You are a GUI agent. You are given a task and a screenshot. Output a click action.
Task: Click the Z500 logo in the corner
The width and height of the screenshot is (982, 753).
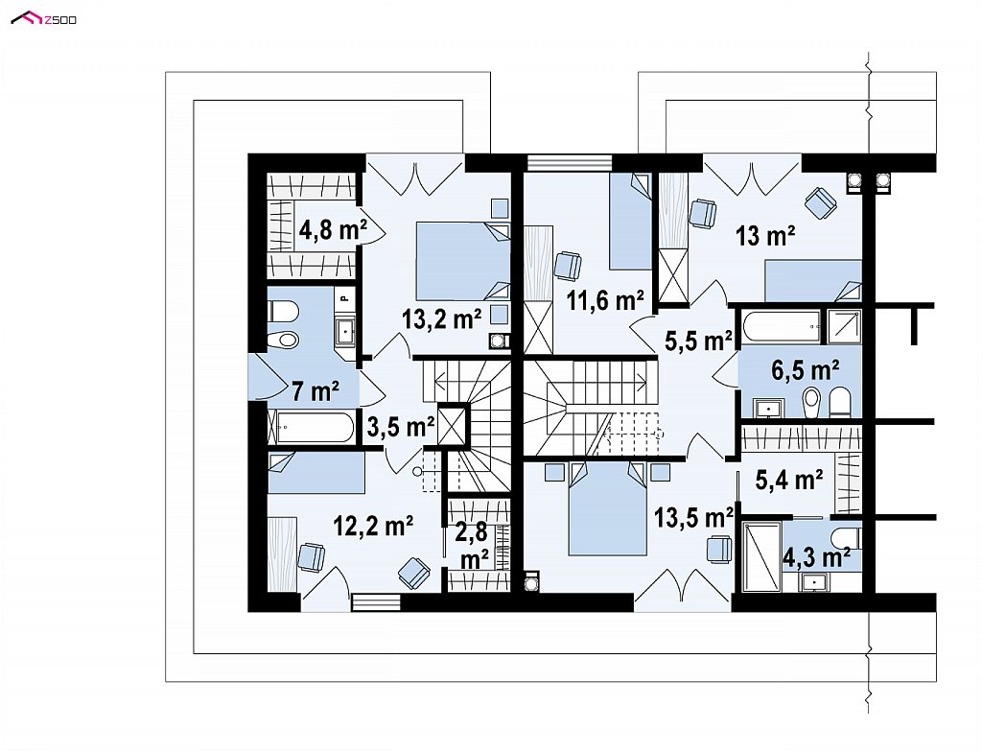(x=44, y=19)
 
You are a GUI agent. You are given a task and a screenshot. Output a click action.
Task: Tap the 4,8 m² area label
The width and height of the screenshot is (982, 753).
(x=333, y=230)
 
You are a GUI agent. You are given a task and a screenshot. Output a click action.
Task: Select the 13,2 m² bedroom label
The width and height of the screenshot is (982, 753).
(x=441, y=318)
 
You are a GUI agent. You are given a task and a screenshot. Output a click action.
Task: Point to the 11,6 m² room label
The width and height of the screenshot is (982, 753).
(x=605, y=300)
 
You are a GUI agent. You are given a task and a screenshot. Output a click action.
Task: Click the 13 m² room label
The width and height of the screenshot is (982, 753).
(x=765, y=236)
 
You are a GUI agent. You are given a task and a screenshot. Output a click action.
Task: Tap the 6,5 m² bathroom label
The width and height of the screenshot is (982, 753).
(x=805, y=370)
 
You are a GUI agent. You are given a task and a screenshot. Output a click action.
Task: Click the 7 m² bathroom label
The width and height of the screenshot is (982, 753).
(x=316, y=391)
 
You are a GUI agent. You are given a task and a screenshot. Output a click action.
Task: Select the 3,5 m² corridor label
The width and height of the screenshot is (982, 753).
(x=401, y=427)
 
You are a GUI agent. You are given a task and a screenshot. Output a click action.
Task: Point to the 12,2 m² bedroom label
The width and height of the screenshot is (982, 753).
(x=373, y=526)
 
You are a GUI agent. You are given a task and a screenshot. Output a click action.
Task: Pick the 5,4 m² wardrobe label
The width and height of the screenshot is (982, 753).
(x=789, y=480)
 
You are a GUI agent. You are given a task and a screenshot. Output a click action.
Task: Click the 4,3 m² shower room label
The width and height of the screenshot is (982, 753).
(x=816, y=557)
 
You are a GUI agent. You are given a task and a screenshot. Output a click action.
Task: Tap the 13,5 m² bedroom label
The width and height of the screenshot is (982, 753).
(x=694, y=518)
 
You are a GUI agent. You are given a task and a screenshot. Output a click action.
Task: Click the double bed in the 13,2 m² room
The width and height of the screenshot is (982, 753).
(x=463, y=261)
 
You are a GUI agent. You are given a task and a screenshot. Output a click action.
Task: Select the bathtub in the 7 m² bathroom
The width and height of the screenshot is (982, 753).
(x=311, y=427)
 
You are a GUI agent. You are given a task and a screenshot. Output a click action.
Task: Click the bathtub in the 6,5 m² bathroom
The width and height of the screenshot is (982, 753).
(x=781, y=326)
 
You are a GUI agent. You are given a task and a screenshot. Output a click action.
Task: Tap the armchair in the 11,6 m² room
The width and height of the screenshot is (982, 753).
(x=569, y=266)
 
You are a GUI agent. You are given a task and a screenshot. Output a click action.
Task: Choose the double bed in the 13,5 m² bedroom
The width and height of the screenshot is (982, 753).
(x=607, y=508)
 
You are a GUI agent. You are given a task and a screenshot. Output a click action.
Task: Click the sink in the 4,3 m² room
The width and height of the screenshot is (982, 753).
(x=814, y=582)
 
